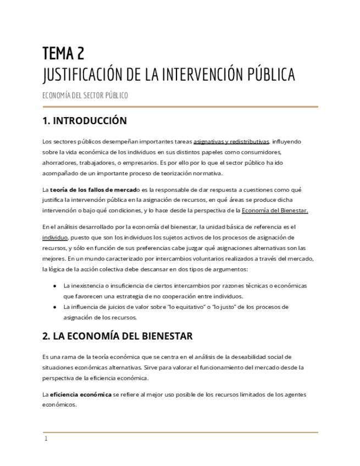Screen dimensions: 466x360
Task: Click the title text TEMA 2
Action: [63, 53]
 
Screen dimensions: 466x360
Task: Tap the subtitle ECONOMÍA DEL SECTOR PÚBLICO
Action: [85, 96]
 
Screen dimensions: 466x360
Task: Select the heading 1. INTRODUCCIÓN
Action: [85, 121]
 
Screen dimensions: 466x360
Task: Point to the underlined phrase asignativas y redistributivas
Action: [231, 141]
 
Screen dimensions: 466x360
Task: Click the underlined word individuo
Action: [56, 237]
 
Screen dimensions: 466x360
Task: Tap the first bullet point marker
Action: [55, 286]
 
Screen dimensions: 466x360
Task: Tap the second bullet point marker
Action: [55, 307]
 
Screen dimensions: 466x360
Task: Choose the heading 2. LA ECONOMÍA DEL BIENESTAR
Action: [118, 336]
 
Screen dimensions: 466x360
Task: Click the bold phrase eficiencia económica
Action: [80, 395]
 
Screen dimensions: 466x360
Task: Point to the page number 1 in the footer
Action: [46, 439]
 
